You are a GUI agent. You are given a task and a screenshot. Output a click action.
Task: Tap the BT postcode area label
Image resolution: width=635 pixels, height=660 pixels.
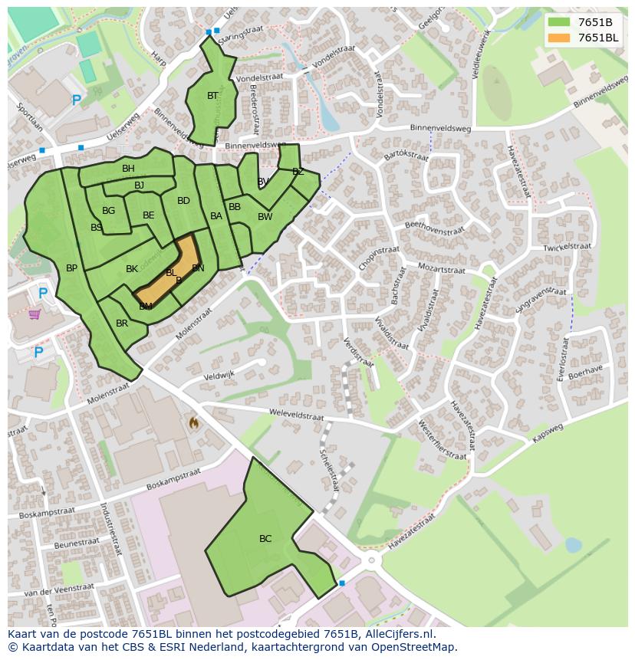point(212,96)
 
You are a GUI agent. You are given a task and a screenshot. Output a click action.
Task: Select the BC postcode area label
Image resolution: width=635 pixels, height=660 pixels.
point(265,539)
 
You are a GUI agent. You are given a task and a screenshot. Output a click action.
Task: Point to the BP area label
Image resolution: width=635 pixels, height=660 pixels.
point(71,268)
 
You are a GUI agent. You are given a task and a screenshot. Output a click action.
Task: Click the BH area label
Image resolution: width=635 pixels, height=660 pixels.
point(128,169)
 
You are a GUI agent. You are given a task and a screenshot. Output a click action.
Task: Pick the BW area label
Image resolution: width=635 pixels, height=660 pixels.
point(265,217)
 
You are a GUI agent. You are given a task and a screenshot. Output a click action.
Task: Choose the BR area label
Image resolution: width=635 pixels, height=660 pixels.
point(122,323)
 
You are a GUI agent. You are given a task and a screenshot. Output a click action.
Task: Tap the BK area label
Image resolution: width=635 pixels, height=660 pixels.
point(132,269)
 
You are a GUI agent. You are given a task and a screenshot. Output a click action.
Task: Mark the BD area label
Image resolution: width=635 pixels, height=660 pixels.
point(183,202)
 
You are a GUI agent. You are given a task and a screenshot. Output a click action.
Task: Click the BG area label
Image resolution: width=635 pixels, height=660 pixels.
point(108,211)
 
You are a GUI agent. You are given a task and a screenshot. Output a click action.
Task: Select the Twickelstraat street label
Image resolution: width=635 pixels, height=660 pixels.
point(568,247)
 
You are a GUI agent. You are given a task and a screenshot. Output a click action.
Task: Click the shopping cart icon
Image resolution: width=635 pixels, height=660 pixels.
point(35,314)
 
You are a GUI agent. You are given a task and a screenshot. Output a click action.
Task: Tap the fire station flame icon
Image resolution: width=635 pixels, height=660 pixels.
point(193,422)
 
